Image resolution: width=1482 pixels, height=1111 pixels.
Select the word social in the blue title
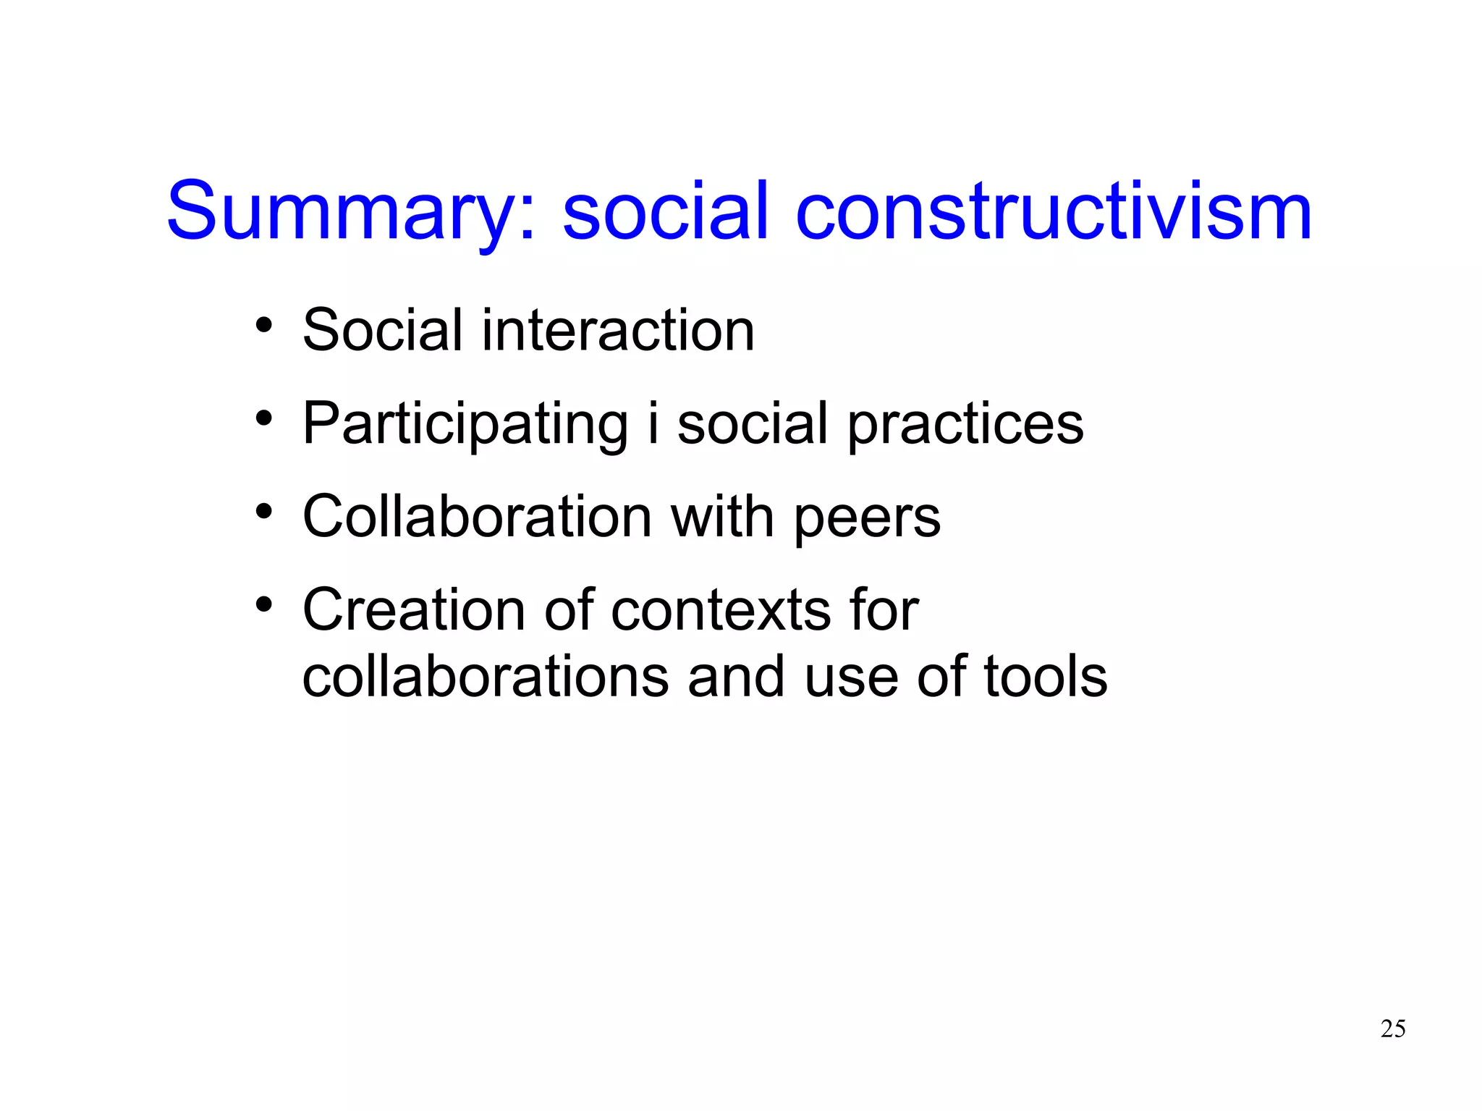click(x=665, y=212)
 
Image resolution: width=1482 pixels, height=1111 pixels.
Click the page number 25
click(x=1393, y=1028)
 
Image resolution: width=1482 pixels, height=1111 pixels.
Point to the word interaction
click(x=618, y=331)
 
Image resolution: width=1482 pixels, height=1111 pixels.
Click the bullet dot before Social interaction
click(x=264, y=325)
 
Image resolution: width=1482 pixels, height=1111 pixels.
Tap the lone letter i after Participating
click(x=653, y=423)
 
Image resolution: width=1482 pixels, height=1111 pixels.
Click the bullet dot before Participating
click(x=264, y=418)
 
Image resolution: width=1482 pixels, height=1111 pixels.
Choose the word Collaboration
click(x=478, y=517)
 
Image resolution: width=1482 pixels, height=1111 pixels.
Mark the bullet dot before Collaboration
click(x=264, y=511)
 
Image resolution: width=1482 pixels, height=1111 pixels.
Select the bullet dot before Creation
click(x=264, y=604)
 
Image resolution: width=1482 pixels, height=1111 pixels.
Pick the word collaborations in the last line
click(x=486, y=677)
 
